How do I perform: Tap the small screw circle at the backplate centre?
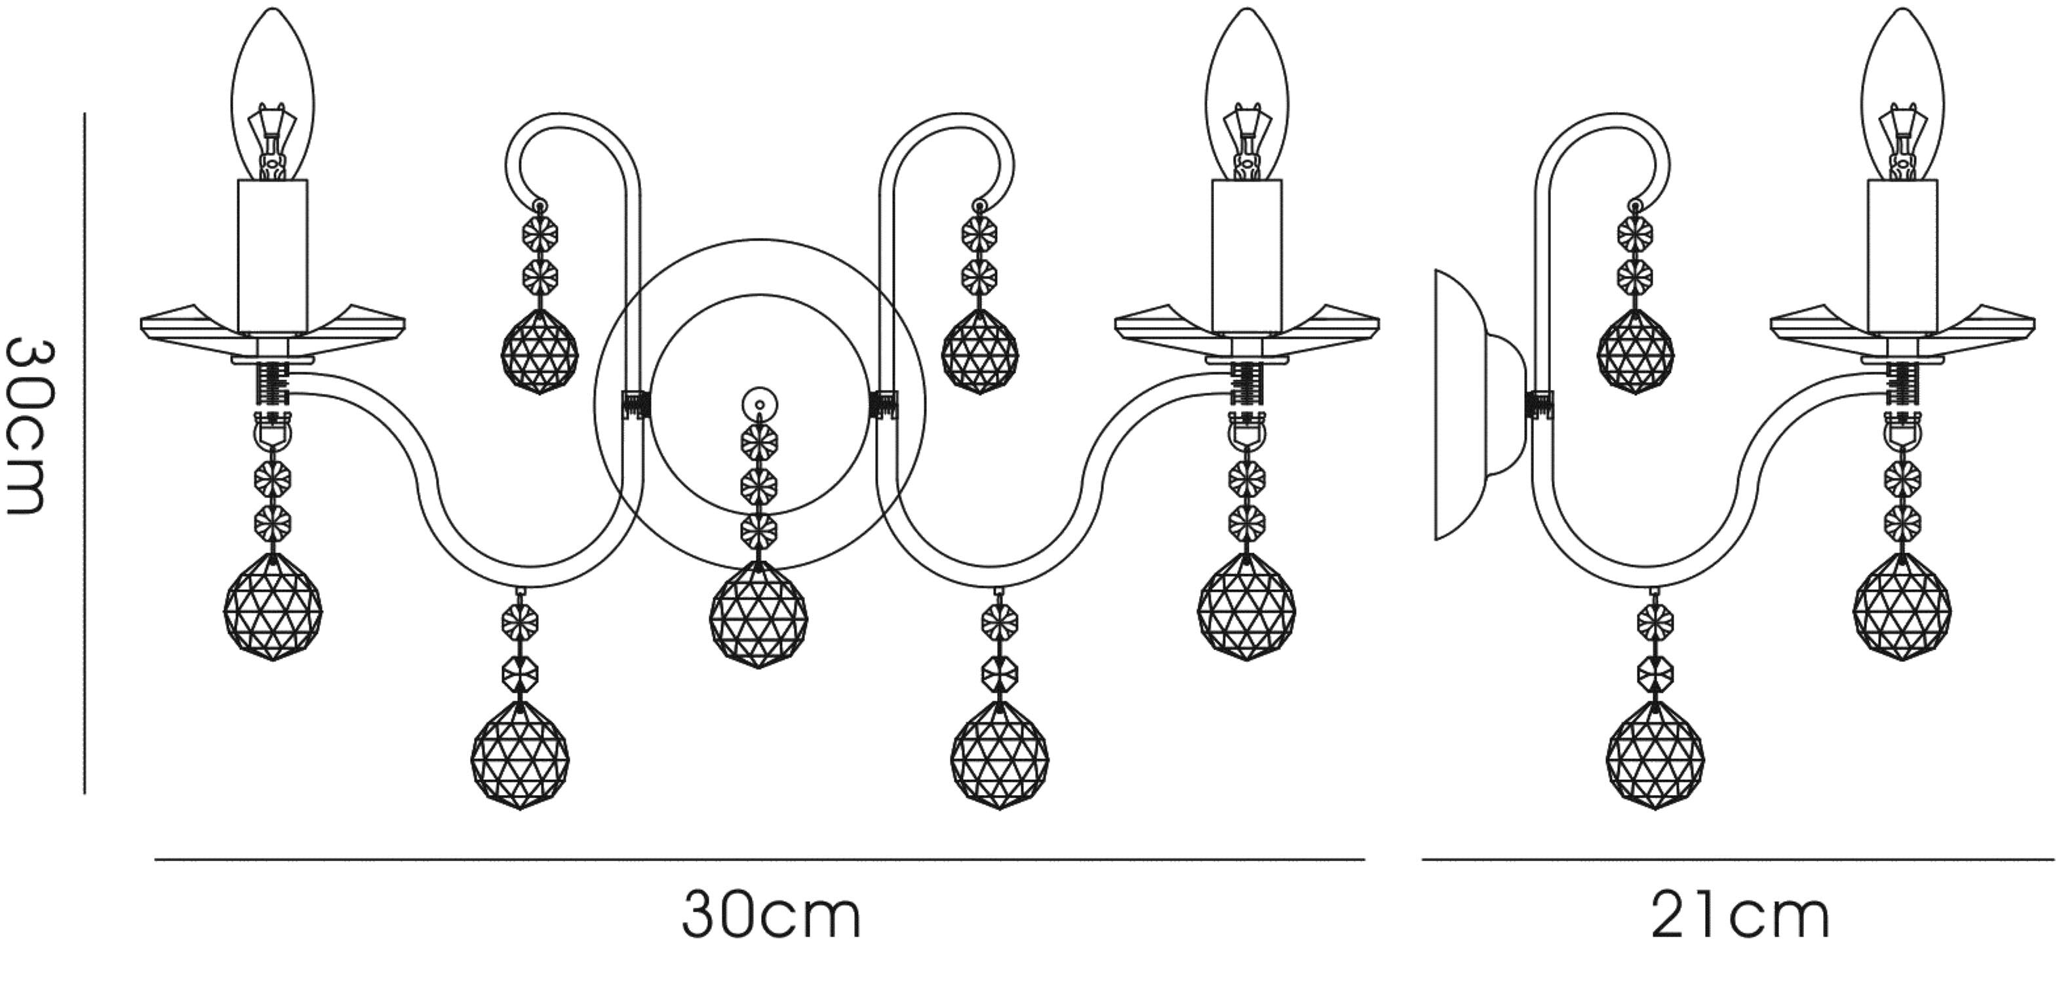click(x=759, y=402)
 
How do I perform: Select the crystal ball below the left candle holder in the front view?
click(x=273, y=607)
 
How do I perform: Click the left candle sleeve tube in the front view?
click(x=273, y=257)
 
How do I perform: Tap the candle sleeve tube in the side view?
click(x=1902, y=257)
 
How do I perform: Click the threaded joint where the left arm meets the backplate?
click(x=636, y=404)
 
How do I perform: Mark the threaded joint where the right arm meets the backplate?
click(x=883, y=404)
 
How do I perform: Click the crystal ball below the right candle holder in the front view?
click(x=1247, y=607)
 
